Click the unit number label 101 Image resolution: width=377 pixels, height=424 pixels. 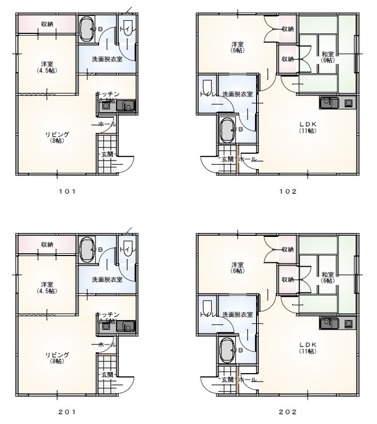(x=67, y=192)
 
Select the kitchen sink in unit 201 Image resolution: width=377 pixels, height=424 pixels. (x=126, y=326)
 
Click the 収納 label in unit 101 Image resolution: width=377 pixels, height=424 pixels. (x=47, y=24)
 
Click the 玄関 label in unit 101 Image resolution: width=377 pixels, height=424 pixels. (x=107, y=154)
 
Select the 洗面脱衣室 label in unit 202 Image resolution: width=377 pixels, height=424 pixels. (x=237, y=314)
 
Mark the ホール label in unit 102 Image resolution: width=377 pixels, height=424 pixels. (x=248, y=159)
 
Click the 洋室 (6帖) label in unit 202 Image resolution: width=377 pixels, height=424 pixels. (x=236, y=267)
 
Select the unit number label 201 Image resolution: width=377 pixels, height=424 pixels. (x=67, y=411)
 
